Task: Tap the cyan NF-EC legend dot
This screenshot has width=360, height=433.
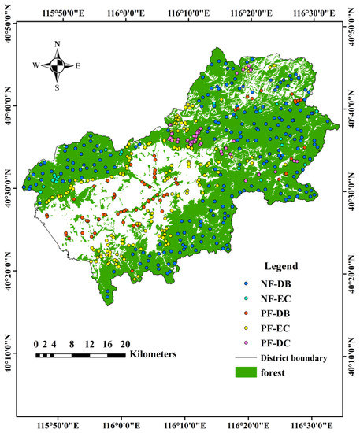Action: click(x=246, y=298)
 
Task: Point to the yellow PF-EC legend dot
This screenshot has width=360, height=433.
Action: click(x=246, y=328)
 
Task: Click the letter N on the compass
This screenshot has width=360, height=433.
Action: click(x=56, y=46)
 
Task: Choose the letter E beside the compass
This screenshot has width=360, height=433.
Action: click(x=78, y=66)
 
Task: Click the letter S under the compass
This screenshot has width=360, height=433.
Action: click(x=56, y=87)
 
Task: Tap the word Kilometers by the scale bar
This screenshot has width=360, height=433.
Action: click(x=153, y=354)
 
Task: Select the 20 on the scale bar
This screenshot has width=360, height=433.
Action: click(x=124, y=344)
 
